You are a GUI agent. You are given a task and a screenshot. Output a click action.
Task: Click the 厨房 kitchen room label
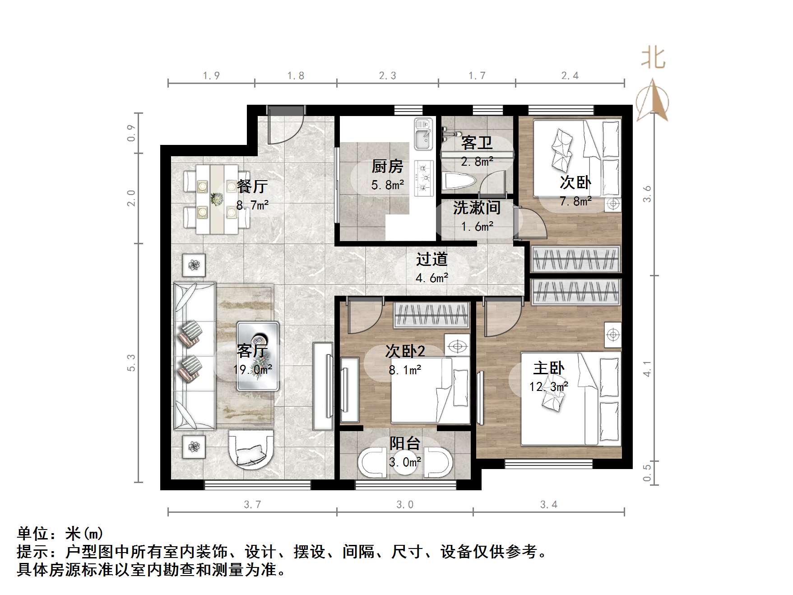pos(387,167)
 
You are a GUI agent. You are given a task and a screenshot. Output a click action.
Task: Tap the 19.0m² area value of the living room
pos(252,370)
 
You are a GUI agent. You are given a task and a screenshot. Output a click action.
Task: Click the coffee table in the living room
pos(258,355)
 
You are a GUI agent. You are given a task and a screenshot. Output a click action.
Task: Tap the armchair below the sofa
pos(251,453)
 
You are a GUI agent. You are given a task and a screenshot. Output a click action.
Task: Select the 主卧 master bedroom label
pos(548,368)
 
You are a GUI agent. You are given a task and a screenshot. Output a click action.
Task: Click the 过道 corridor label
pos(431,259)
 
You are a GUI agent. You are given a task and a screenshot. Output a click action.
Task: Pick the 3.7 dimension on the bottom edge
pos(252,504)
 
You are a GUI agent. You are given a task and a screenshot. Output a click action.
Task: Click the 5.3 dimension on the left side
pos(131,363)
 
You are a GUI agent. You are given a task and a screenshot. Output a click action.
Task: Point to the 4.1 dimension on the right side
pos(647,368)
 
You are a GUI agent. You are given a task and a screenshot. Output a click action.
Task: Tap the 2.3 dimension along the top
pos(387,76)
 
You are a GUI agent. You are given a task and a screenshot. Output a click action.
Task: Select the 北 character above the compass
pos(653,58)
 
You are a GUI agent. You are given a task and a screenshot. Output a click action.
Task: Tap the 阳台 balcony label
pos(405,443)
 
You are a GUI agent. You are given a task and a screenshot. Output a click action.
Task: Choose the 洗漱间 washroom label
pos(477,208)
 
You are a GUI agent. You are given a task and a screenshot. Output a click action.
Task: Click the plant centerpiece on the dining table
pos(217,199)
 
